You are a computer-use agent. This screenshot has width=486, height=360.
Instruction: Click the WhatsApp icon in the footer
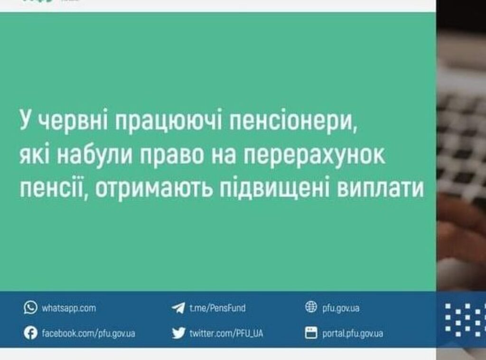pyautogui.click(x=30, y=308)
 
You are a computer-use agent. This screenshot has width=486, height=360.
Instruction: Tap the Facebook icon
pyautogui.click(x=30, y=333)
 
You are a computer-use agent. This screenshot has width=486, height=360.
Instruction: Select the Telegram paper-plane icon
pyautogui.click(x=178, y=308)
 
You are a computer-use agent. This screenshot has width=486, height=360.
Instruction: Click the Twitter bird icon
pyautogui.click(x=178, y=333)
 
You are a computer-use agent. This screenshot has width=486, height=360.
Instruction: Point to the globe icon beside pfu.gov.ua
pyautogui.click(x=311, y=307)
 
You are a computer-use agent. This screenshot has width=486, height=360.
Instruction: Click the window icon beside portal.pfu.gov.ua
pyautogui.click(x=311, y=333)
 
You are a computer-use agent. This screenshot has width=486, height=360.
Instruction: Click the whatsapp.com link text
pyautogui.click(x=69, y=308)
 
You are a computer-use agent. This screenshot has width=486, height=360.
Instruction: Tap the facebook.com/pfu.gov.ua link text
pyautogui.click(x=88, y=333)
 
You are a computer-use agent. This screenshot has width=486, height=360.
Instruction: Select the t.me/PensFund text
pyautogui.click(x=217, y=308)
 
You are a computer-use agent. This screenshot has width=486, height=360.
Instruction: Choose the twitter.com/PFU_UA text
pyautogui.click(x=226, y=333)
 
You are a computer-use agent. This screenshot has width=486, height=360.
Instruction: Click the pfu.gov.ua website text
pyautogui.click(x=341, y=308)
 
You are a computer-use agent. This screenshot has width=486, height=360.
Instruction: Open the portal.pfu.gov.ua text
pyautogui.click(x=353, y=333)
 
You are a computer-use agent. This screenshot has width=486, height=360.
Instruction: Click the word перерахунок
pyautogui.click(x=314, y=155)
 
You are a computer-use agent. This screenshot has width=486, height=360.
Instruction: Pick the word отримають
pyautogui.click(x=154, y=188)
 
